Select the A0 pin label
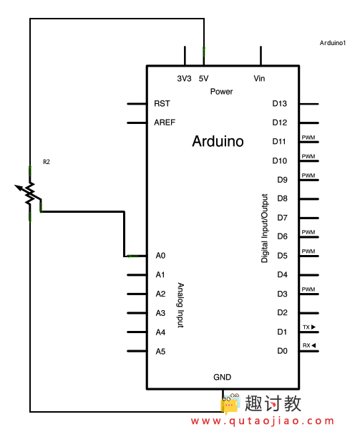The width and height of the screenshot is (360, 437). (160, 256)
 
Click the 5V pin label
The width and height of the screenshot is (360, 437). (203, 79)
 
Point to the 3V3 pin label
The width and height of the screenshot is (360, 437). (184, 79)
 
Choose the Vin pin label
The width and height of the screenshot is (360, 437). (260, 79)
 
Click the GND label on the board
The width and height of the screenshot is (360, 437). (222, 378)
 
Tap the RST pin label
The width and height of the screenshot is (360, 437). (162, 104)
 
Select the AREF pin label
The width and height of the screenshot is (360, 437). (165, 123)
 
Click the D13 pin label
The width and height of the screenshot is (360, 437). (280, 104)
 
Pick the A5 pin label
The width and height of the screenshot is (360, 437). (160, 351)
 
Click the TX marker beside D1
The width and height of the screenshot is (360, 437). (308, 327)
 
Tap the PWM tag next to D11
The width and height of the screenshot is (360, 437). (308, 138)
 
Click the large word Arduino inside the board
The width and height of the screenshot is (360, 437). (218, 142)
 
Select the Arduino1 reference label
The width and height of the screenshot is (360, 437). (333, 44)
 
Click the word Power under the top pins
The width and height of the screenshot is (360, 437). (222, 92)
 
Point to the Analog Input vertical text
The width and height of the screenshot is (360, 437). (180, 304)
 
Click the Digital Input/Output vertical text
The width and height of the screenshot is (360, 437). (265, 228)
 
